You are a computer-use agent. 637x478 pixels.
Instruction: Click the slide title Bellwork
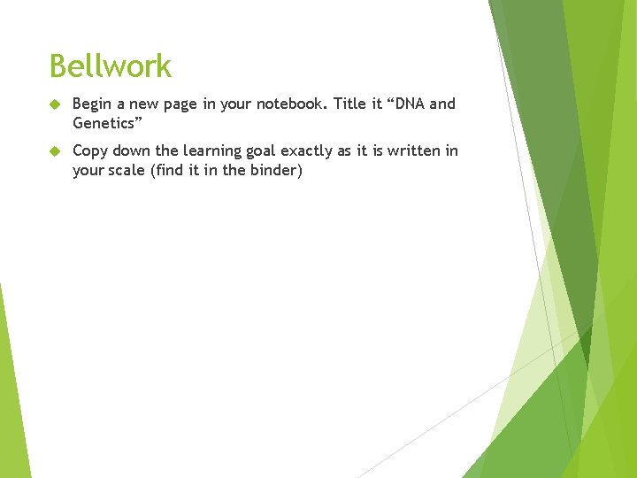tap(111, 66)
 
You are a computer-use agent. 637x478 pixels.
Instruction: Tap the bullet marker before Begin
tap(54, 104)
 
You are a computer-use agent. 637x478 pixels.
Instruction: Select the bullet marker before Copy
tap(54, 151)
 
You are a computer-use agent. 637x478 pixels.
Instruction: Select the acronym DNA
tap(409, 104)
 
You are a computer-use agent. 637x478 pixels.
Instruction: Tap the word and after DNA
tap(442, 104)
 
